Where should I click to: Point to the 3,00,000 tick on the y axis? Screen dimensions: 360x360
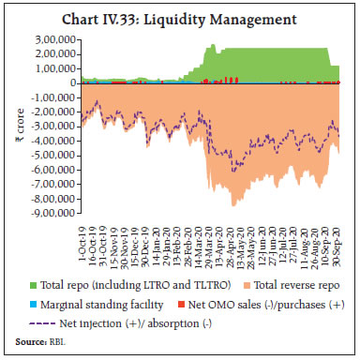point(55,39)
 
